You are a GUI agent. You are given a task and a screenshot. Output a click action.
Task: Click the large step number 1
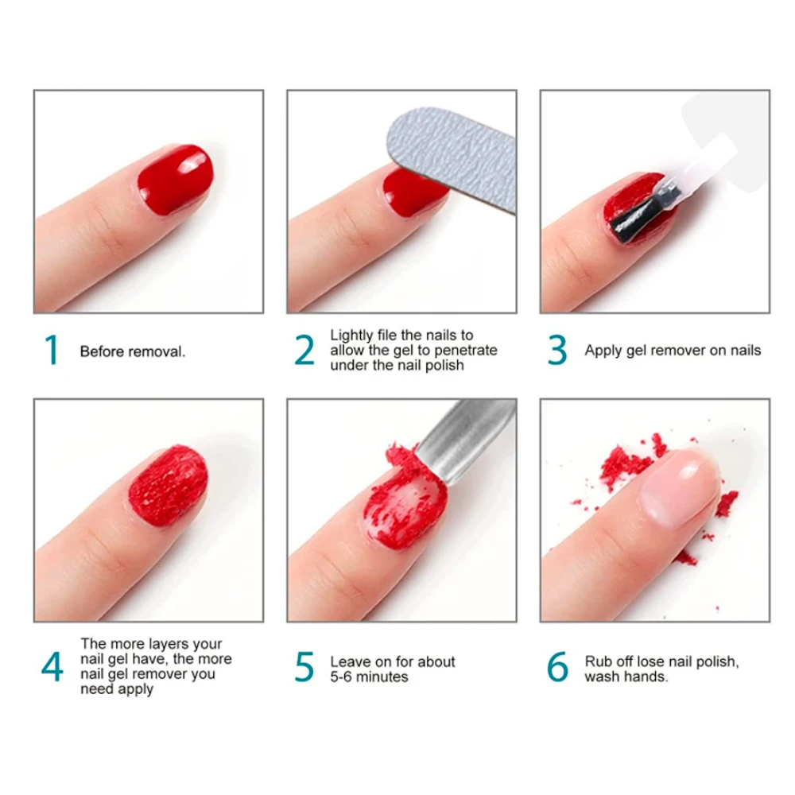pos(52,351)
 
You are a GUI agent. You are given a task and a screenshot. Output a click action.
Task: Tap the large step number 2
pos(304,351)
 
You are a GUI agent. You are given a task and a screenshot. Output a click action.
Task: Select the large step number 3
pos(558,351)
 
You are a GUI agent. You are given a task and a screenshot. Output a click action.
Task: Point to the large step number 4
pos(52,668)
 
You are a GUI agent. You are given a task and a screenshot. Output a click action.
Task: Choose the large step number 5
pos(304,668)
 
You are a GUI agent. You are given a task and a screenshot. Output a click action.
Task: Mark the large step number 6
pos(558,668)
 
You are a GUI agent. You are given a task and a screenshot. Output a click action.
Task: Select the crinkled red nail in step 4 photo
pos(169,482)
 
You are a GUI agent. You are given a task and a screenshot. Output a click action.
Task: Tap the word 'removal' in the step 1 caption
pos(157,351)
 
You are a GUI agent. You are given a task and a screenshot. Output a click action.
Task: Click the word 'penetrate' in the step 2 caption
pos(465,351)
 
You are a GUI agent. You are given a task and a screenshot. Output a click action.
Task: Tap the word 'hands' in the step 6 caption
pos(646,677)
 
